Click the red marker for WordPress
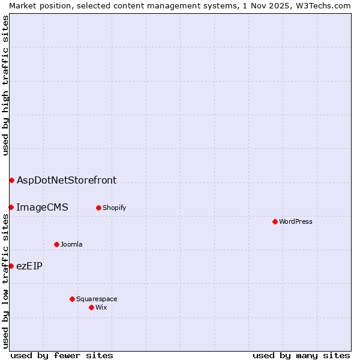click(275, 221)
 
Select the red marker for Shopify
click(98, 208)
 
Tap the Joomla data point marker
click(56, 244)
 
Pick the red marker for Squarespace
click(72, 299)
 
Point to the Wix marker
click(91, 307)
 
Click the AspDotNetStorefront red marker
click(11, 180)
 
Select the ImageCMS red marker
click(11, 207)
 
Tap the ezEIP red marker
click(11, 266)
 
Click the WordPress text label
click(296, 221)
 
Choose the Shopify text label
click(114, 208)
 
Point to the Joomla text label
click(71, 244)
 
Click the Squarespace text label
click(97, 299)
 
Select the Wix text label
click(101, 307)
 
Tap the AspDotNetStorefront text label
click(67, 180)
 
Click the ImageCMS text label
click(42, 207)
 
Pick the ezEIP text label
click(29, 266)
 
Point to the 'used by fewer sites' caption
click(62, 355)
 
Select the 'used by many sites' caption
click(301, 355)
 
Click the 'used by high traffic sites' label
click(5, 85)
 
